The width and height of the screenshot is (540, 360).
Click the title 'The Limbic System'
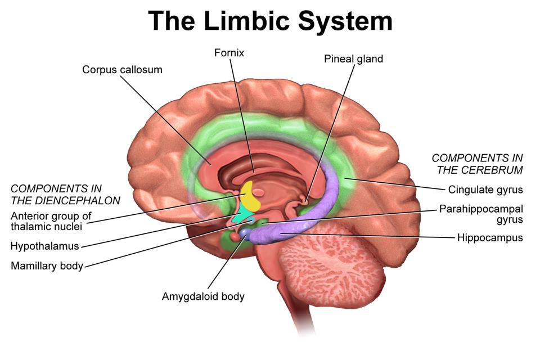[270, 21]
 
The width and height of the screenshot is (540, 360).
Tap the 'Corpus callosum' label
[122, 70]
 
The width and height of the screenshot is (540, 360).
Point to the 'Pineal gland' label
[353, 58]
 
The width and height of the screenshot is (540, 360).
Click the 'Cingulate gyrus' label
[485, 190]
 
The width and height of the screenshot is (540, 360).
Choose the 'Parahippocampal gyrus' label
[481, 214]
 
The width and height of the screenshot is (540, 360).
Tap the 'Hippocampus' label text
[490, 237]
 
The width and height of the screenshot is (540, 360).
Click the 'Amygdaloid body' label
[203, 296]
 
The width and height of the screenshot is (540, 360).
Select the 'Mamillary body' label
[47, 266]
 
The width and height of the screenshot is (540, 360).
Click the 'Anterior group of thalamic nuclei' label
[51, 221]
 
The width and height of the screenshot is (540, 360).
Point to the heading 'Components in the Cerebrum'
[477, 164]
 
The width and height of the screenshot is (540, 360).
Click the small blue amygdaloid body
[246, 232]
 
